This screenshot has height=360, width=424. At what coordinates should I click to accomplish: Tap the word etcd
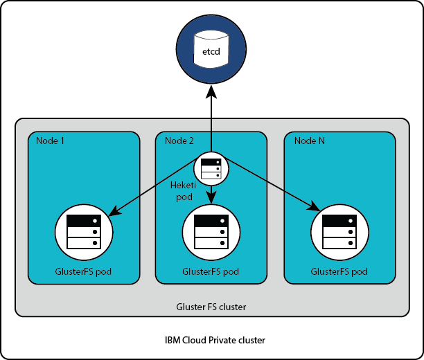point(211,53)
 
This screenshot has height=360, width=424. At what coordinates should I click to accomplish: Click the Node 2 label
point(179,141)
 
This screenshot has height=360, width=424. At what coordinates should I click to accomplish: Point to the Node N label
point(310,141)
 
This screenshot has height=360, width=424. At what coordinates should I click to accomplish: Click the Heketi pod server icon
point(211,168)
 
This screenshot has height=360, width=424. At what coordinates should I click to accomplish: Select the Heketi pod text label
point(184,191)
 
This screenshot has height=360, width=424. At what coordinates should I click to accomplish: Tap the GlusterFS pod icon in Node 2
point(211,231)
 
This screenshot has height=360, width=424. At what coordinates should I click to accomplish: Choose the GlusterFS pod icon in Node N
point(339,231)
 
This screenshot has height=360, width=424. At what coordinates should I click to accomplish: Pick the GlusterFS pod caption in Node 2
point(211,271)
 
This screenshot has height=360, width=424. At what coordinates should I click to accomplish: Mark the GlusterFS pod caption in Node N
point(339,271)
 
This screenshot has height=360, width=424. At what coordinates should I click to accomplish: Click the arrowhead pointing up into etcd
point(211,93)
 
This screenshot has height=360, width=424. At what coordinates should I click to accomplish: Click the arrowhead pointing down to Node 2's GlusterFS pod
point(211,199)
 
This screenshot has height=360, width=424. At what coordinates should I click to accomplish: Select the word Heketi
point(184,186)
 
